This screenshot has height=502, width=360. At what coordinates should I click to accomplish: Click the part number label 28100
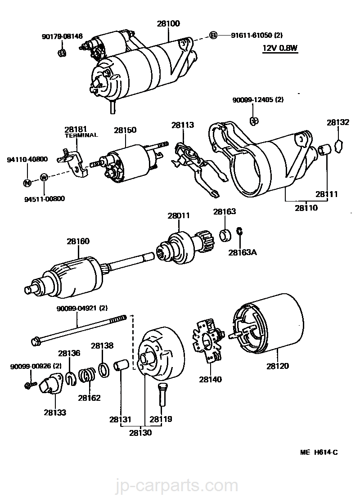point(168,23)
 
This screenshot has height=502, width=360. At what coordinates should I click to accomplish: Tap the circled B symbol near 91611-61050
point(213,35)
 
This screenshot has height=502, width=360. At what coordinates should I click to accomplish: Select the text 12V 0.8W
point(280,48)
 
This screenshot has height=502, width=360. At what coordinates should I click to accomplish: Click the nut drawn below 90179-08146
point(62,53)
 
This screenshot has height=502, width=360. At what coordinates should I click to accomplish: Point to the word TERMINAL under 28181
point(81,135)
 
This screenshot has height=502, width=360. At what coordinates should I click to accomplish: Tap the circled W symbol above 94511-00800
point(44,177)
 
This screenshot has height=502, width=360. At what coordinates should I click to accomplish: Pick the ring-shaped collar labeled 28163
point(225,235)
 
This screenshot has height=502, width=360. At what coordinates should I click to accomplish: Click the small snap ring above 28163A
point(239,231)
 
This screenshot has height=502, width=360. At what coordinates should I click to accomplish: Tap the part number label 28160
point(78,241)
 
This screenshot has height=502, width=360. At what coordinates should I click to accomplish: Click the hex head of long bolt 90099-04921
point(36,341)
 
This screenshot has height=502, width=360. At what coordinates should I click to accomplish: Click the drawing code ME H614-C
point(319,452)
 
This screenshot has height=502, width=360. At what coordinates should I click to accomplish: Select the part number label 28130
point(140,433)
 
